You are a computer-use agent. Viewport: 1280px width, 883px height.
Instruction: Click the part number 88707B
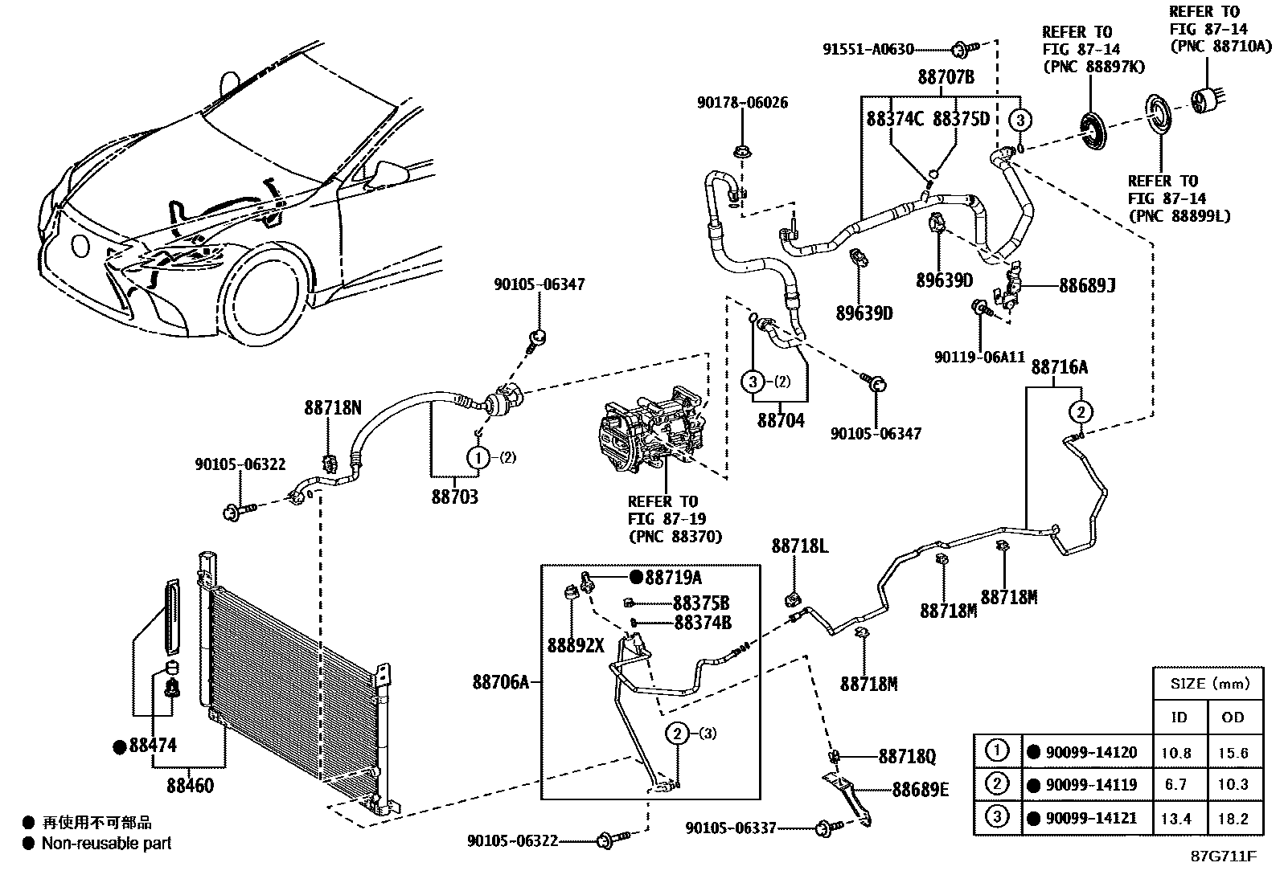(x=946, y=78)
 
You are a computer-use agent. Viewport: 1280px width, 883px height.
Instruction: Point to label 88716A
(x=1059, y=368)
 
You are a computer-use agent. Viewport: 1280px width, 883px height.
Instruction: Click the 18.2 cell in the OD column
(x=1233, y=819)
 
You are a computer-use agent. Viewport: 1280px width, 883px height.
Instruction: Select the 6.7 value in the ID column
(x=1175, y=784)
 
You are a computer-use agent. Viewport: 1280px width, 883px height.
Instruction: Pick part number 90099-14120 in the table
(x=1091, y=752)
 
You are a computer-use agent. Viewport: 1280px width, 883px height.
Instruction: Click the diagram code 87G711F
(x=1224, y=856)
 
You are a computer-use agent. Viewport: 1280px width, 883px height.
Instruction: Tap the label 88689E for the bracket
(x=920, y=790)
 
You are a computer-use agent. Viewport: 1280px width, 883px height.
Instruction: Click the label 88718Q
(x=906, y=757)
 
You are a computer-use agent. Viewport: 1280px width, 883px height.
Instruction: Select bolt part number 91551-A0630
(x=868, y=49)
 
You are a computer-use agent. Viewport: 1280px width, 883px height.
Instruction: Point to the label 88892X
(x=576, y=645)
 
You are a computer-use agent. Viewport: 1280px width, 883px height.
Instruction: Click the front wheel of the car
(x=265, y=296)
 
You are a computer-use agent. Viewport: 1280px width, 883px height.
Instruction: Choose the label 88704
(x=780, y=420)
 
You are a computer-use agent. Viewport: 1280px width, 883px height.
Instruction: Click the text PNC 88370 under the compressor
(x=675, y=537)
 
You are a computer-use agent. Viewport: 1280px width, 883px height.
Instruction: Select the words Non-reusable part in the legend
(x=106, y=843)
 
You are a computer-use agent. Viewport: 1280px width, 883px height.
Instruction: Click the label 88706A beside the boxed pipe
(x=501, y=682)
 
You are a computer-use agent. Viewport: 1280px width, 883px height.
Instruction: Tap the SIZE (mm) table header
(x=1210, y=684)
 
